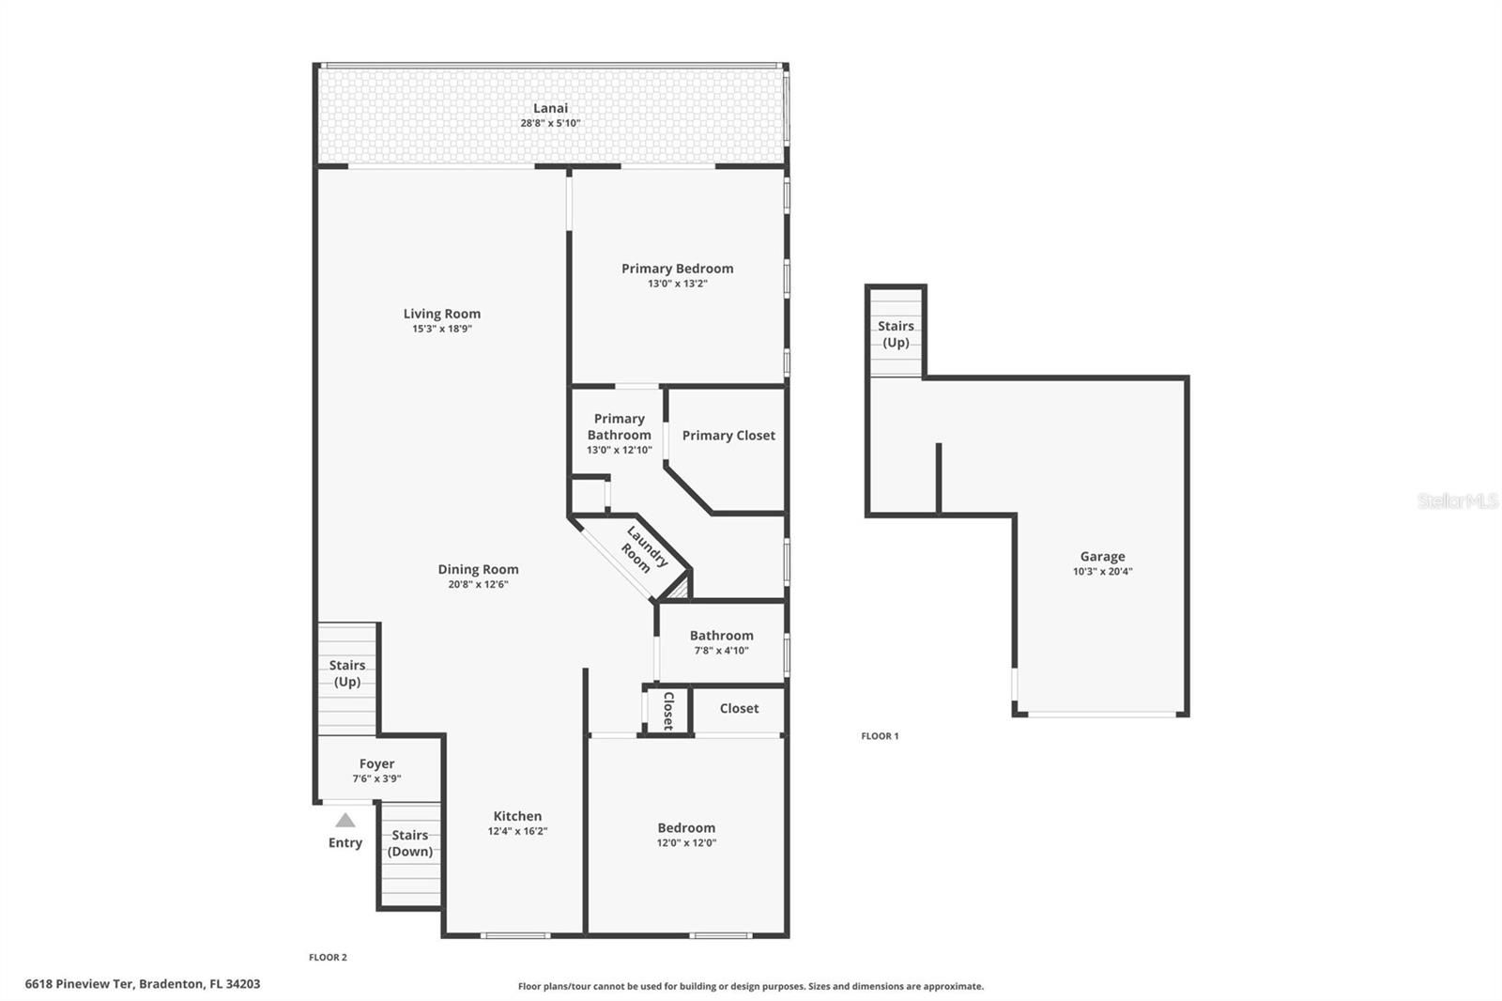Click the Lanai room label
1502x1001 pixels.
click(x=550, y=108)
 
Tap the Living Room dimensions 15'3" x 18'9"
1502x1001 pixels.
click(x=442, y=329)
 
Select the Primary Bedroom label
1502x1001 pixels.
click(x=677, y=269)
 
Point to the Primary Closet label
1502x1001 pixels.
click(x=728, y=436)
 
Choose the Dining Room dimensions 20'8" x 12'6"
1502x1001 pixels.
click(x=478, y=584)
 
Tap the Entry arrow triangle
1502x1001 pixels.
click(x=345, y=820)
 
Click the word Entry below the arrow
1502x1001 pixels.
click(x=345, y=842)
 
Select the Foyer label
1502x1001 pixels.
click(x=376, y=763)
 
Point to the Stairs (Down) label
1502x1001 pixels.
click(x=409, y=843)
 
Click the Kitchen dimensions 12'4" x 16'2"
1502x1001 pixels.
click(x=517, y=831)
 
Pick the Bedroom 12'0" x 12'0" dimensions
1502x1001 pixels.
click(x=686, y=843)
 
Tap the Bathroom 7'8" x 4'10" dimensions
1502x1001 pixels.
click(x=722, y=650)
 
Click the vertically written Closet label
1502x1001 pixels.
click(x=667, y=711)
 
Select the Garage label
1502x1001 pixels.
click(x=1102, y=557)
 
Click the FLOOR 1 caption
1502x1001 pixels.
click(x=880, y=736)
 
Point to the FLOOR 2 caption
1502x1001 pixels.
click(x=328, y=958)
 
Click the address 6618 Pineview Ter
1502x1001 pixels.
click(x=80, y=984)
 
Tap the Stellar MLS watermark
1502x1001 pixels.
click(x=1458, y=500)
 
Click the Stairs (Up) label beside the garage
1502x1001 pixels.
click(x=896, y=334)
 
